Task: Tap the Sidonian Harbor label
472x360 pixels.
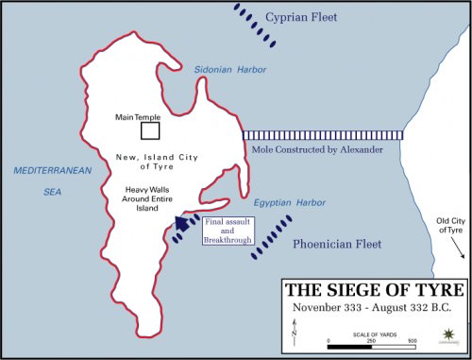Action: (230, 70)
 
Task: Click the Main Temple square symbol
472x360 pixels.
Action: (149, 130)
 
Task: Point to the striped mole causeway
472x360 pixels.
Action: (322, 135)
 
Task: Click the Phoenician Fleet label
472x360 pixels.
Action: (337, 243)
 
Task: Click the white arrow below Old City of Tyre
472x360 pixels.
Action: (458, 248)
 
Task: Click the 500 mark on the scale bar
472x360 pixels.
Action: (413, 339)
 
